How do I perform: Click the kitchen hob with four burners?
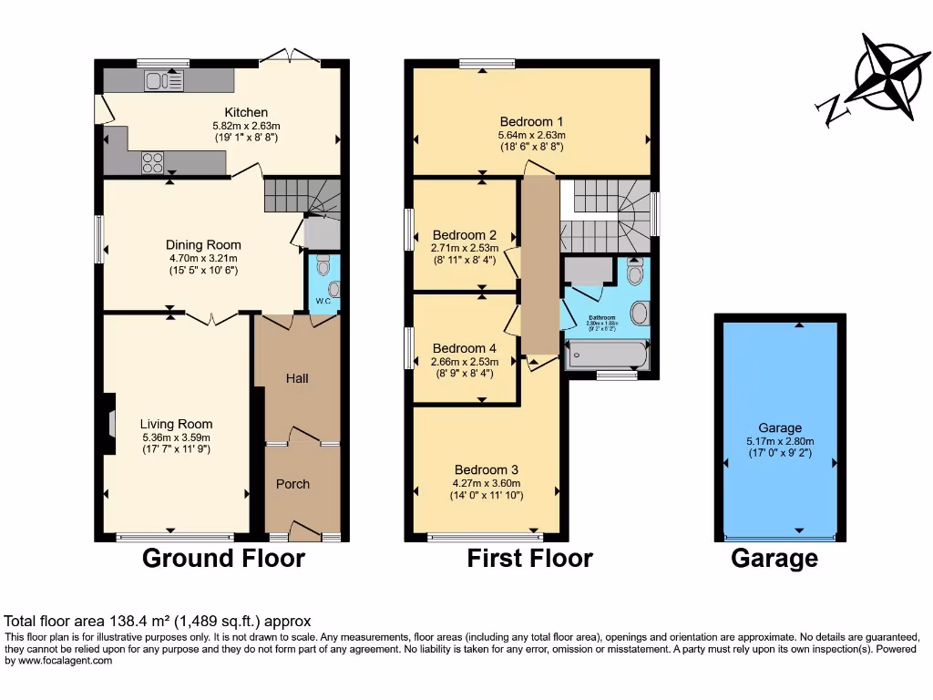[152, 162]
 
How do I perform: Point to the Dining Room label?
[203, 244]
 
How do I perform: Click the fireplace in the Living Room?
[110, 424]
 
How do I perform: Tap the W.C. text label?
[323, 301]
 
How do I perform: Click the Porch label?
[292, 484]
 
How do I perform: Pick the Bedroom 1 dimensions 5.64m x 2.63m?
[531, 135]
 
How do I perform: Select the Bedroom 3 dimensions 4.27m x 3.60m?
[487, 483]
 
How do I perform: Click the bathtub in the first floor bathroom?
[607, 355]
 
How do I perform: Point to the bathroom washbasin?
[640, 314]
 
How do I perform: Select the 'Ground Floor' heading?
[223, 558]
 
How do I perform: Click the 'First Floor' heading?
[530, 558]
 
